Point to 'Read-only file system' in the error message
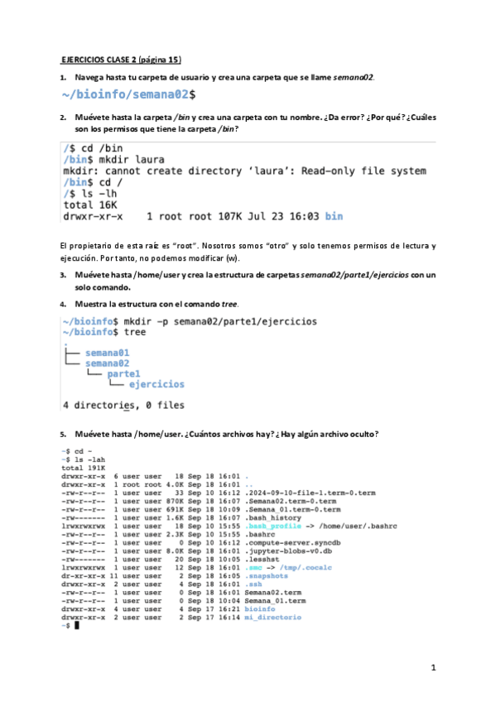point(364,171)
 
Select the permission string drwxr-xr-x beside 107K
point(93,217)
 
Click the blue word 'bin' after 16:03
point(333,217)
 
